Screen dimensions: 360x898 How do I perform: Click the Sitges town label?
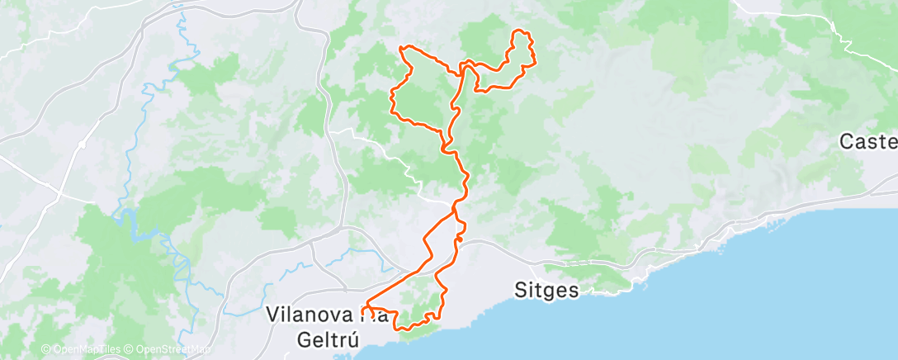click(x=546, y=291)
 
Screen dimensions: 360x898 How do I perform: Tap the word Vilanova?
click(x=311, y=315)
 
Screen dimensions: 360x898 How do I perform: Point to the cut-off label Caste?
click(x=867, y=141)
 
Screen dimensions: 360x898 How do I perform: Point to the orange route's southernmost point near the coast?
click(x=404, y=329)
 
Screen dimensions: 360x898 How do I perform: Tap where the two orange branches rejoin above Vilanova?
click(x=454, y=211)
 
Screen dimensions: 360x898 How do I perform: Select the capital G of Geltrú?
click(x=303, y=338)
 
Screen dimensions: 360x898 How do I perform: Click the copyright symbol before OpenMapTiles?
click(x=45, y=350)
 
